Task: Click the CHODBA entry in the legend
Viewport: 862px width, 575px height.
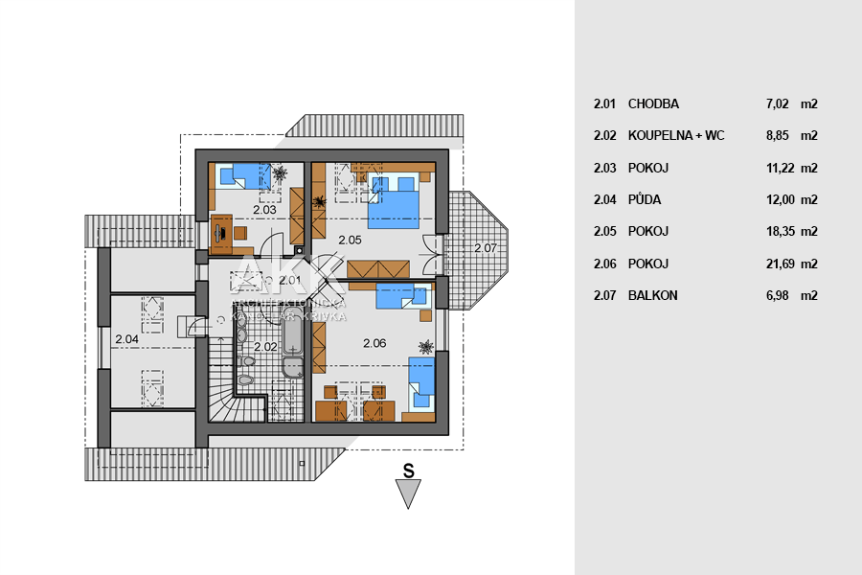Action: point(653,103)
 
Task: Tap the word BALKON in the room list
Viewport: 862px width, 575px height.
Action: point(652,295)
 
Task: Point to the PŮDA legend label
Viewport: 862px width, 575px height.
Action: point(645,200)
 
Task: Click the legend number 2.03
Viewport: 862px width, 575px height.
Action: point(603,168)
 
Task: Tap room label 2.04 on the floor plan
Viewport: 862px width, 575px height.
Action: point(126,338)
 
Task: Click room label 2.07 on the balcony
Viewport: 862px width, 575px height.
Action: point(486,248)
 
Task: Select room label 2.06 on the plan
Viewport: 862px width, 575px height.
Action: point(374,342)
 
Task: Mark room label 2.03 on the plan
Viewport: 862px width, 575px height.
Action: point(264,209)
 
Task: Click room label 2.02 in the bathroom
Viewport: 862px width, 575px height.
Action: point(265,346)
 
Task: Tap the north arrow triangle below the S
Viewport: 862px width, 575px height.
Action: point(409,494)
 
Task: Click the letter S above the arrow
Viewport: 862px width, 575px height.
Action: point(408,471)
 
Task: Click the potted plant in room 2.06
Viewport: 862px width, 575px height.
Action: point(424,345)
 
